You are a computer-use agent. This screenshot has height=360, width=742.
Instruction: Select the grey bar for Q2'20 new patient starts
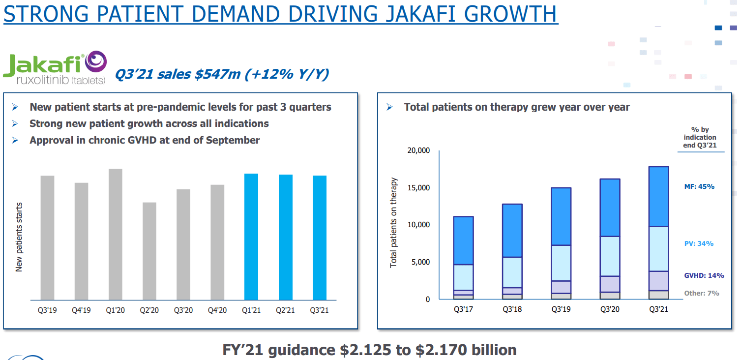click(149, 251)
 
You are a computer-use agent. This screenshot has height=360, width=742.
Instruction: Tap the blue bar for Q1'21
click(251, 237)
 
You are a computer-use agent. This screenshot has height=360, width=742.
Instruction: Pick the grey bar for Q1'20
click(116, 234)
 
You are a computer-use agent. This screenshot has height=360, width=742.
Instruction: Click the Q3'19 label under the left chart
click(47, 310)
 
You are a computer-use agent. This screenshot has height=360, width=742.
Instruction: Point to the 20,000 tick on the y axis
click(418, 150)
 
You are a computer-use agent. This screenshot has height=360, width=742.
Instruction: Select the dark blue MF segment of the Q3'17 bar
click(463, 240)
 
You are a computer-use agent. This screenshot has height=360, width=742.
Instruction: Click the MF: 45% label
click(699, 187)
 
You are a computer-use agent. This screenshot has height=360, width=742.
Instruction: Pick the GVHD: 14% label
click(703, 276)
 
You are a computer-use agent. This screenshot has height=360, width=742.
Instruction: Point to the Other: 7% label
click(702, 293)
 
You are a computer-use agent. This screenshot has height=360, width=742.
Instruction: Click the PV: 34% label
click(699, 244)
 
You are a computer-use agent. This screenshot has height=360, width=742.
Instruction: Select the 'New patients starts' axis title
click(19, 237)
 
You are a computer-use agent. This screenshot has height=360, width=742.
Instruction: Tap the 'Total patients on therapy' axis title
click(393, 223)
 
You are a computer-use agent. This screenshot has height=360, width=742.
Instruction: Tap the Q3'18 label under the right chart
click(512, 309)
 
